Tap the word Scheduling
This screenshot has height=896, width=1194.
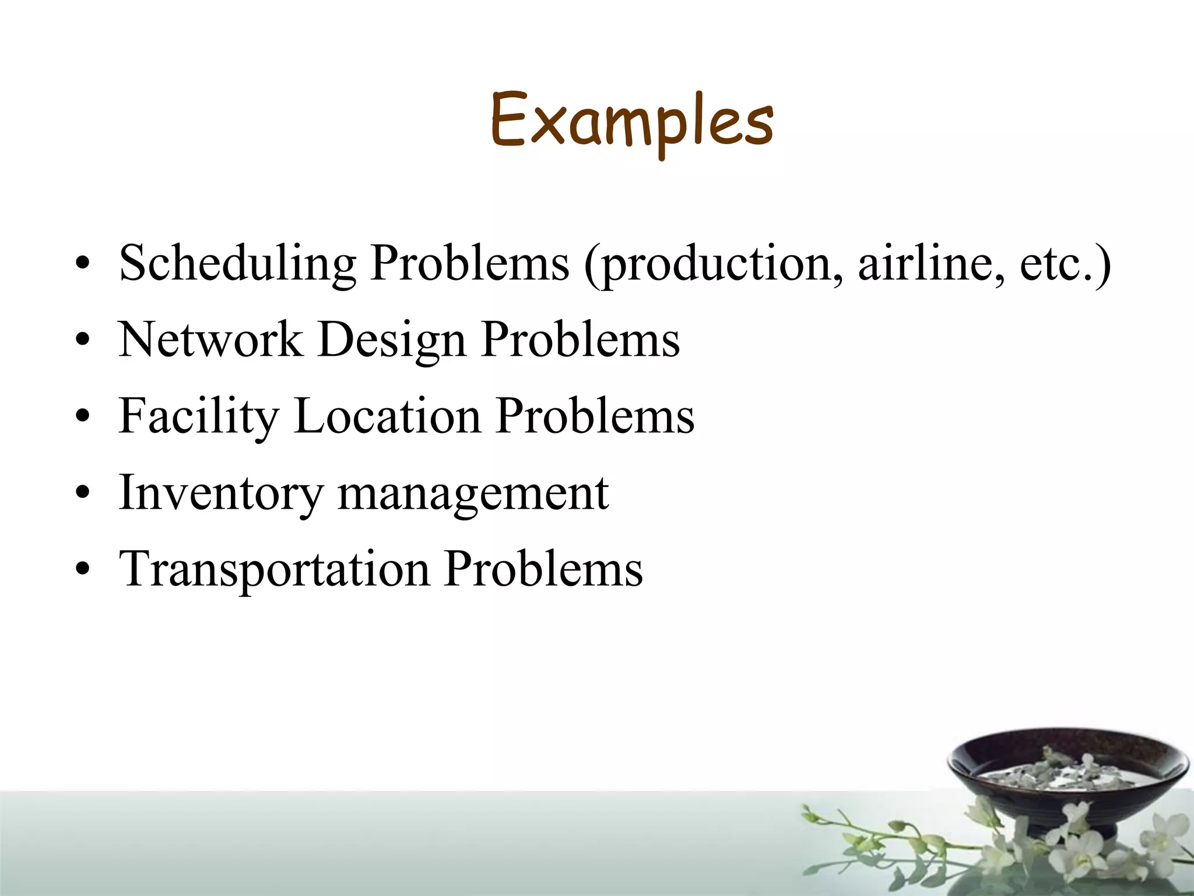[x=237, y=264]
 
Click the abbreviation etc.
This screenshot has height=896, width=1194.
[x=1057, y=264]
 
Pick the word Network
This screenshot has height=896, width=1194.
[x=210, y=339]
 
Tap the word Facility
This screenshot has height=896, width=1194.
[x=199, y=416]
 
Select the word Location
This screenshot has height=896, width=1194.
[x=388, y=415]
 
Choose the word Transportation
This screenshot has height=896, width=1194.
[x=274, y=569]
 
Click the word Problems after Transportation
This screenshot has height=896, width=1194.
[x=543, y=568]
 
